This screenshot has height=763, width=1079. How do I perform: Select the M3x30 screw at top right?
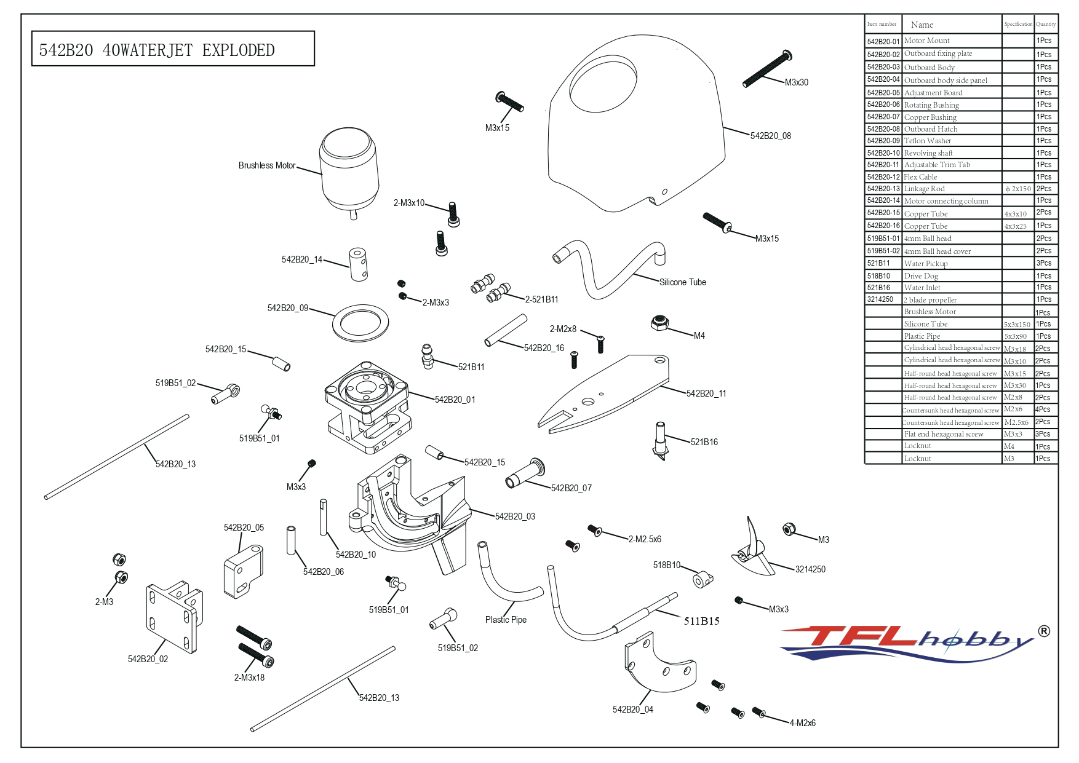766,69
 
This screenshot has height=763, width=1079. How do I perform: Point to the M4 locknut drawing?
660,322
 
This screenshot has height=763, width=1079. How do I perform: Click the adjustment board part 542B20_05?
243,569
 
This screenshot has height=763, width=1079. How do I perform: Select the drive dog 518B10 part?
703,579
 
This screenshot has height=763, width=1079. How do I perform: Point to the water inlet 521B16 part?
659,440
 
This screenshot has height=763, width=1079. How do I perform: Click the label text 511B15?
701,621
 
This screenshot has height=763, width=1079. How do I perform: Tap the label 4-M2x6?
802,723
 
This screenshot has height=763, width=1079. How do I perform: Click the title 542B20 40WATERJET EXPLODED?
157,50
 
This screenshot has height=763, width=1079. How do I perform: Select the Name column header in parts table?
922,25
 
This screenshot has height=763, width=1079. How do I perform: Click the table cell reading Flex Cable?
920,177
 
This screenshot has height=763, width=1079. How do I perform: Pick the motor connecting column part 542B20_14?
359,264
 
